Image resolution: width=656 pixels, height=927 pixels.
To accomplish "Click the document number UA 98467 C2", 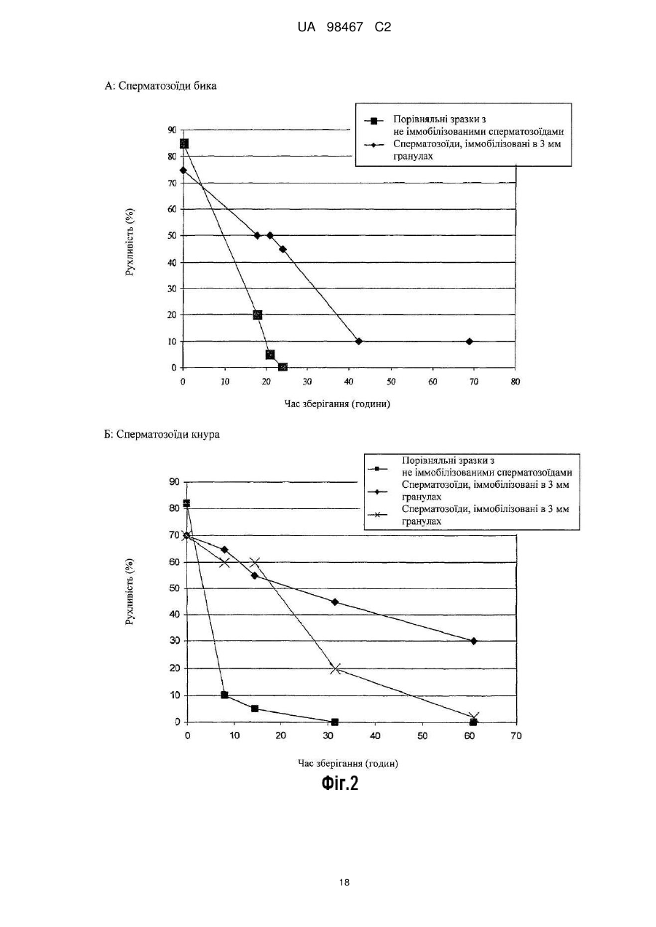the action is pos(344,28).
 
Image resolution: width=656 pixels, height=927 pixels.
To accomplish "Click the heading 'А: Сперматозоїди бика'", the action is pos(161,86).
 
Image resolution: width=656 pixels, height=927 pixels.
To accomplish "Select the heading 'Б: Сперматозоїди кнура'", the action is pos(162,435).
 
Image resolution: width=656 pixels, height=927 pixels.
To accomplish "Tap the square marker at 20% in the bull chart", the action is pos(258,315).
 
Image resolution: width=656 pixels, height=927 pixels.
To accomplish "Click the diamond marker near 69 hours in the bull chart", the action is pos(470,342).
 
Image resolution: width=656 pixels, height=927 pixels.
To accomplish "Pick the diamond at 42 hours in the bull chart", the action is pos(359,342).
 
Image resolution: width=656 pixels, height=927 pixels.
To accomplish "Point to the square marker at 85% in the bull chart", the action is pos(184,143).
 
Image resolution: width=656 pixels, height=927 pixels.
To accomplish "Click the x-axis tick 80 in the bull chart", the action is pos(515,382).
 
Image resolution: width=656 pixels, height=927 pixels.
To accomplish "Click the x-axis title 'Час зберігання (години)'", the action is pos(337,403).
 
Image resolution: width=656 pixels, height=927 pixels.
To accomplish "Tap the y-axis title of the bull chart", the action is pos(130,242).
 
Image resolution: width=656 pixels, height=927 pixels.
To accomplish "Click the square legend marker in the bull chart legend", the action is pos(374,122).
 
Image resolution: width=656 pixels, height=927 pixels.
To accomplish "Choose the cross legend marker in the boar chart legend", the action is pos(377,514).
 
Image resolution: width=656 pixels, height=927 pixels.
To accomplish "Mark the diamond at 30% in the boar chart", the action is pos(474,641).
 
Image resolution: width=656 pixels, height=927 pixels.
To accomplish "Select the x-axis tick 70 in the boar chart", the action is pos(516,735).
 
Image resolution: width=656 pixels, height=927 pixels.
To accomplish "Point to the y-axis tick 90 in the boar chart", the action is pos(175,482).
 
